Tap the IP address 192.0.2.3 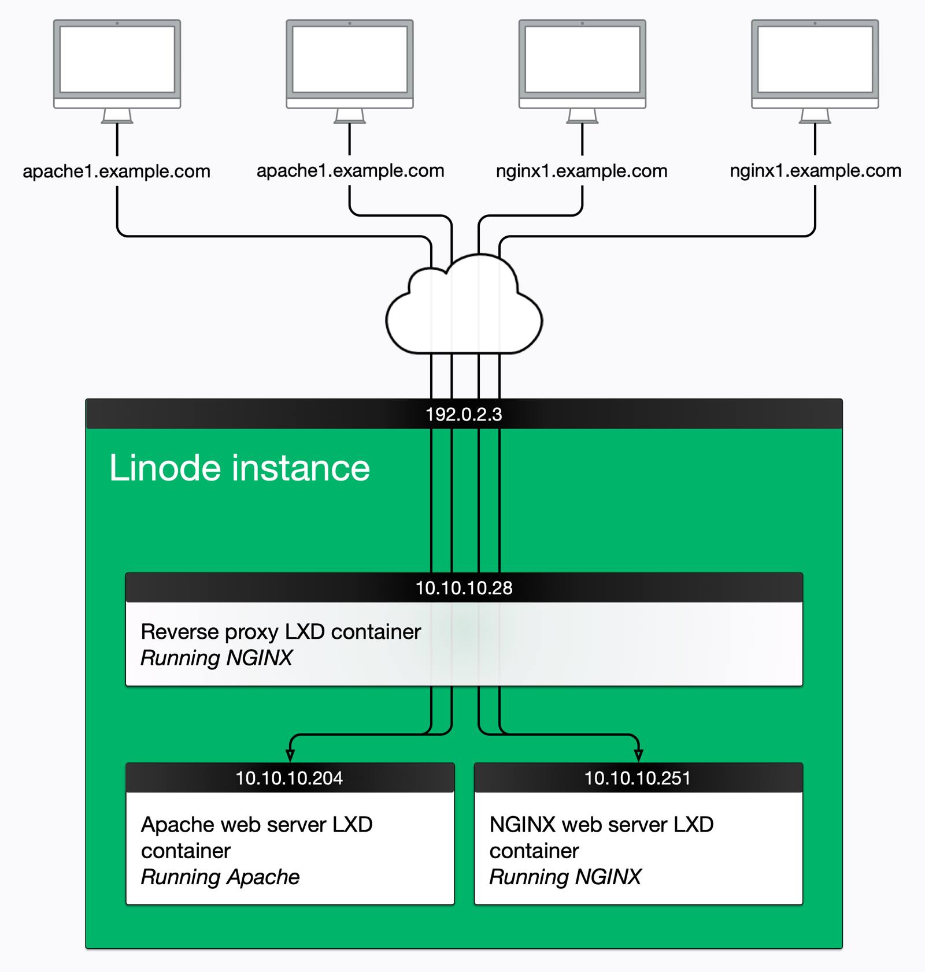464,414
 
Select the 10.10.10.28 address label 464,588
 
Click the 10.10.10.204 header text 289,778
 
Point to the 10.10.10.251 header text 637,778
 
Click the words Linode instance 239,468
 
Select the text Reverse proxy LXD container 280,632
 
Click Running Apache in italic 220,877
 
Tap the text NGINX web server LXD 601,824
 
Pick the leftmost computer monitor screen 117,59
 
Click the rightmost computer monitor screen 815,59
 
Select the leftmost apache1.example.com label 116,172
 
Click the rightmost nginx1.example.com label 815,171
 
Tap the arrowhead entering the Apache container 290,755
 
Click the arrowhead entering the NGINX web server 638,755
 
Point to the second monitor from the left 350,59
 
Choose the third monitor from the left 582,59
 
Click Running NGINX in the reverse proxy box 216,658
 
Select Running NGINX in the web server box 565,877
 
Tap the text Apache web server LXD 256,824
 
